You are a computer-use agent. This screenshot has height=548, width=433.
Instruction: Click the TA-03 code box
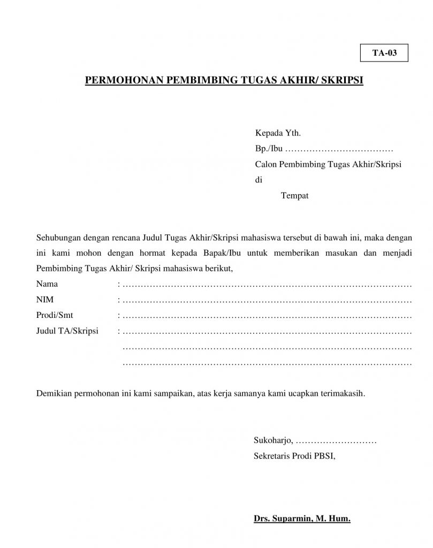tap(384, 53)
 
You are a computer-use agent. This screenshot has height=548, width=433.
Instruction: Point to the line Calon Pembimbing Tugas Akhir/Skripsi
tap(328, 164)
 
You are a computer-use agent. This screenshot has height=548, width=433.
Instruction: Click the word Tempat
tap(294, 196)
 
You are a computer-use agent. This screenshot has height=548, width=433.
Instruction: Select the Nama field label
tap(47, 283)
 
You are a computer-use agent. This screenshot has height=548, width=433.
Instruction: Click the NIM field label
tap(45, 299)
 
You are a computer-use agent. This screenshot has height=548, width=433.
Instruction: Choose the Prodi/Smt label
tap(55, 315)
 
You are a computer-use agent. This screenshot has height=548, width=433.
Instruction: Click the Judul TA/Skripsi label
tap(67, 331)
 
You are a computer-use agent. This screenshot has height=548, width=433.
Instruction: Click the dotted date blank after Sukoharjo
tap(336, 442)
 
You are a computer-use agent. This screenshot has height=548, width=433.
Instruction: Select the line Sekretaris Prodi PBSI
tap(294, 456)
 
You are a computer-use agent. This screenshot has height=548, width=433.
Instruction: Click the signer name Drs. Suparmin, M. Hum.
tap(302, 519)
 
